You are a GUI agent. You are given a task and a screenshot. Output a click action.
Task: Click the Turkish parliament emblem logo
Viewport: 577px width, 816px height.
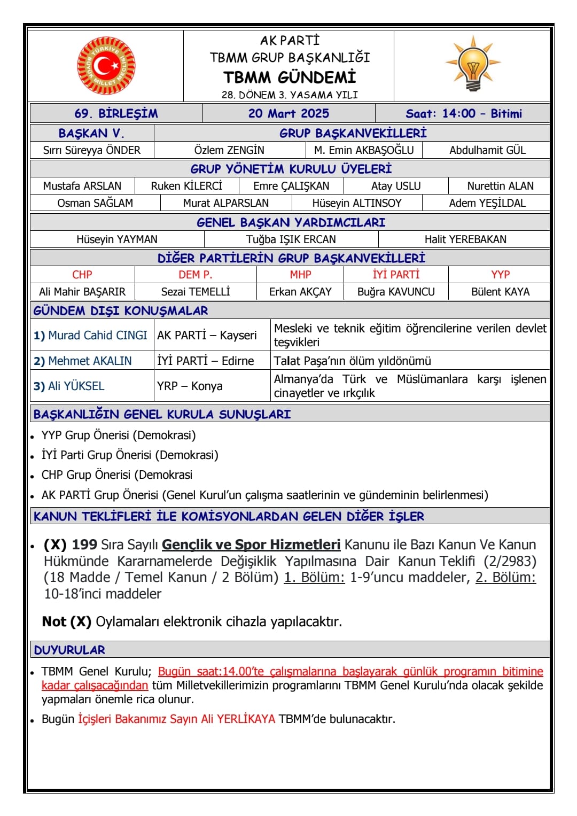coord(106,66)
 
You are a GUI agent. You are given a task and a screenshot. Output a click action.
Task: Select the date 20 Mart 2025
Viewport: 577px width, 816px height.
coord(288,113)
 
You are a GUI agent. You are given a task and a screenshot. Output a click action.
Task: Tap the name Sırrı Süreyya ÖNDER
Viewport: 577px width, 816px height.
coord(92,150)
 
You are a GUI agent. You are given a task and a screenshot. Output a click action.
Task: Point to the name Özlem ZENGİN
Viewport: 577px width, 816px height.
coord(229,150)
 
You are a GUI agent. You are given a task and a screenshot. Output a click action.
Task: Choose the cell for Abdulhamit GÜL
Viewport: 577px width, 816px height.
coord(487,150)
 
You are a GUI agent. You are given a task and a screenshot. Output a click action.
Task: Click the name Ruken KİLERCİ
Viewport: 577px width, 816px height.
coord(186,186)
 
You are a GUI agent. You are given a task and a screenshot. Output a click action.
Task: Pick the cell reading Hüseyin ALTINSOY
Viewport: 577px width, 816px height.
coord(357,203)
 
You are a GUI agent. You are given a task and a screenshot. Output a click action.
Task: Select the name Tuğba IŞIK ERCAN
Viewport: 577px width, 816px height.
coord(291,239)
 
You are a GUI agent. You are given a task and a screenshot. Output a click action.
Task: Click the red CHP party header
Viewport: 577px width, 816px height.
coord(82,275)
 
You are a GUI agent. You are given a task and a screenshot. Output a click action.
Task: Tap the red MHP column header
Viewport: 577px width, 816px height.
coord(300,275)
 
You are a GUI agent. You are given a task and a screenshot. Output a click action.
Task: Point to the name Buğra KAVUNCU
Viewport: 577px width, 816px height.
coord(396,292)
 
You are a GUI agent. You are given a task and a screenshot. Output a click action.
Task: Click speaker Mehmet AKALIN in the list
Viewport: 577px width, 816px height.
coord(90,361)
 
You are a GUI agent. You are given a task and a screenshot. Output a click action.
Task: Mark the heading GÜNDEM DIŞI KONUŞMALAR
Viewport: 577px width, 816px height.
coord(121,310)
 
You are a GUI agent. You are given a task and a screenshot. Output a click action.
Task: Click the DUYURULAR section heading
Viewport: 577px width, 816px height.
coord(69,650)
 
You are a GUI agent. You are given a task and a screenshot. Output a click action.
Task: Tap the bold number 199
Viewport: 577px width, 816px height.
coord(84,545)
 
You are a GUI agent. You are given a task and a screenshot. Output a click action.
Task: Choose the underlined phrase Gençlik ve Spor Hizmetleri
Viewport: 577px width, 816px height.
coord(251,545)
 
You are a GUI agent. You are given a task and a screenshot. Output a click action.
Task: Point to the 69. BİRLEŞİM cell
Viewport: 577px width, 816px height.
coord(116,113)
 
